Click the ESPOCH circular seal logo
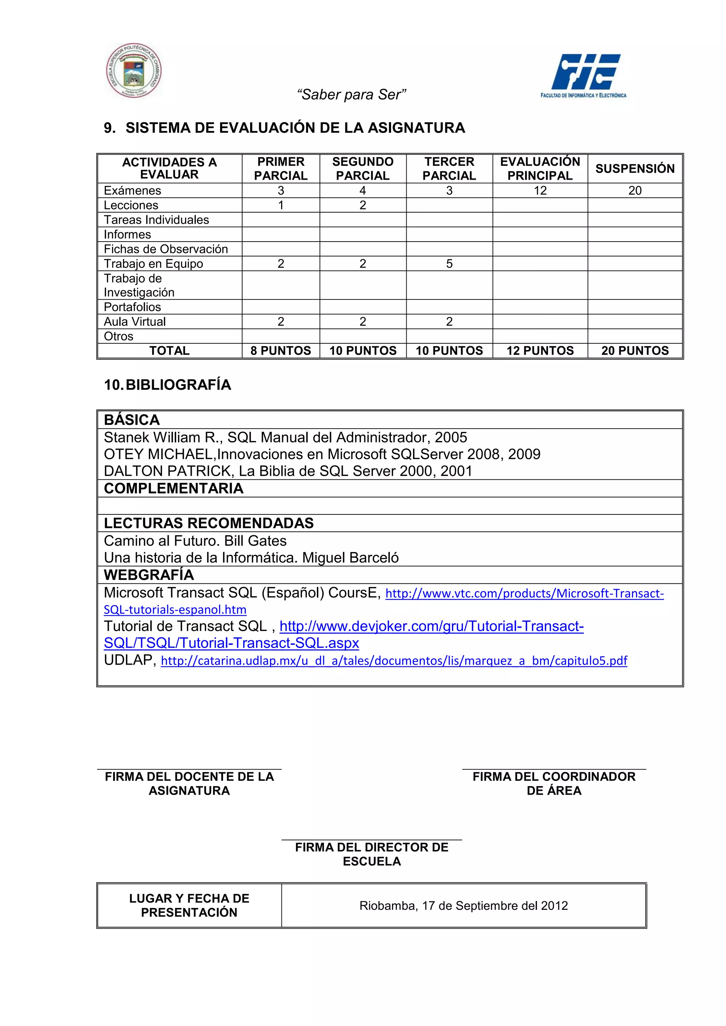[x=134, y=71]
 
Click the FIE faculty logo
[x=584, y=75]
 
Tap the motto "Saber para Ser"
[x=351, y=95]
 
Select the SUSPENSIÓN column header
[x=635, y=169]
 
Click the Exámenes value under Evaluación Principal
[x=540, y=191]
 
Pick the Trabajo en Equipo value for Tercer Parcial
[x=449, y=264]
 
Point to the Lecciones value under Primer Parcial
[x=281, y=205]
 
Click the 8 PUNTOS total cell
[x=281, y=351]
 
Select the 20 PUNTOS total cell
[x=635, y=351]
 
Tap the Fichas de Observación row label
[x=166, y=249]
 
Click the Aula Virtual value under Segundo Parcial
[x=363, y=322]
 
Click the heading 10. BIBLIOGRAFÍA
[x=168, y=385]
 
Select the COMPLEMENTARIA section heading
[x=174, y=489]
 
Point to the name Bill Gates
[x=255, y=541]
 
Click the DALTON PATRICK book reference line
[x=288, y=471]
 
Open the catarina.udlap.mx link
[x=394, y=661]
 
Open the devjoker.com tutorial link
[x=431, y=626]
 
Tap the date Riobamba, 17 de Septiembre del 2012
[x=464, y=906]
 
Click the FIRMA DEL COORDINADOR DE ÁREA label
[x=554, y=783]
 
